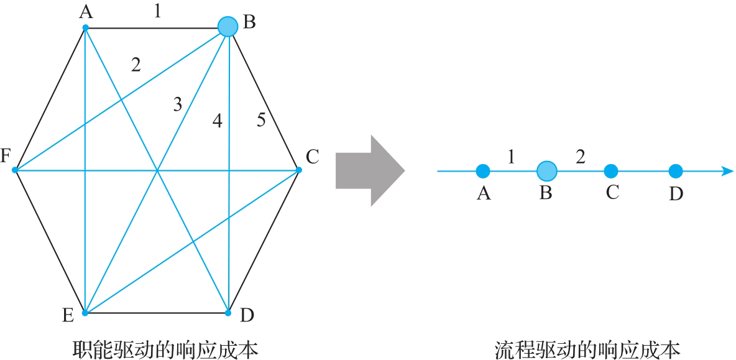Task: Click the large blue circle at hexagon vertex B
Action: click(x=228, y=26)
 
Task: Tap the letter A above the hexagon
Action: click(x=86, y=12)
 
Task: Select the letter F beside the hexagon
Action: click(x=6, y=155)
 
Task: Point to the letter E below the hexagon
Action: click(x=68, y=316)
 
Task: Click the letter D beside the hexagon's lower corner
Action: click(x=247, y=316)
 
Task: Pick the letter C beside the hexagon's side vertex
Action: click(x=312, y=157)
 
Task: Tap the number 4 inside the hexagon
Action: click(x=217, y=121)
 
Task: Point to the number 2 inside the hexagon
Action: click(x=136, y=64)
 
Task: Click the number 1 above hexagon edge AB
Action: click(x=157, y=11)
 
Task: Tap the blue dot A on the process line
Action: click(x=483, y=170)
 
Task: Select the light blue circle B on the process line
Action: click(x=546, y=170)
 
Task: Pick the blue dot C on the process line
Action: click(x=611, y=170)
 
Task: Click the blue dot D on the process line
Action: click(x=676, y=170)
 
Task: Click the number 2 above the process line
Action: click(x=581, y=157)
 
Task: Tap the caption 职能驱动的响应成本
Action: click(x=165, y=349)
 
